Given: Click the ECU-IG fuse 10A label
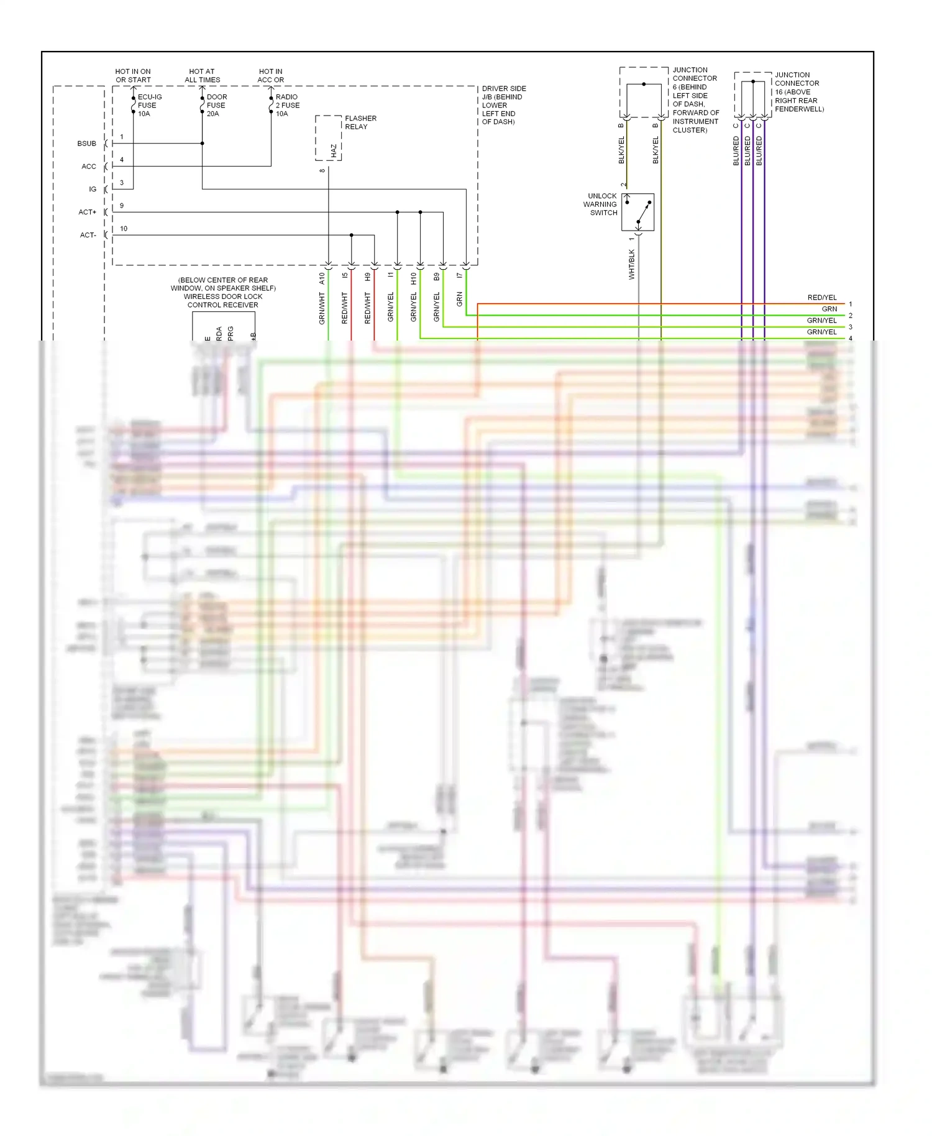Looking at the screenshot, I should point(149,105).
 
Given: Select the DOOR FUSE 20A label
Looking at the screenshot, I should point(216,105).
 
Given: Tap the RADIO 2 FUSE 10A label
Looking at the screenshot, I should point(287,105).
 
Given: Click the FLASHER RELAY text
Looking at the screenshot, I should point(360,122).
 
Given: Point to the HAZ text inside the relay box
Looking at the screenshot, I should point(334,150).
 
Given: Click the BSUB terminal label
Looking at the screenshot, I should point(86,144).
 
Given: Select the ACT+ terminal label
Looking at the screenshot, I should point(87,212).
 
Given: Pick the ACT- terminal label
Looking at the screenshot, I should point(88,235).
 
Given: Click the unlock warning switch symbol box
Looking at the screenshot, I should point(637,212).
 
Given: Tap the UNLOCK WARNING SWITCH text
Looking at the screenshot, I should point(601,204).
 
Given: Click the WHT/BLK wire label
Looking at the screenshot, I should point(631,264).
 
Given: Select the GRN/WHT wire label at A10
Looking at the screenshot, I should point(322,308).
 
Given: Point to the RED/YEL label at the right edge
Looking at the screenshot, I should point(821,298).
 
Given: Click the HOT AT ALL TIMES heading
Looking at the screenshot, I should point(202,76).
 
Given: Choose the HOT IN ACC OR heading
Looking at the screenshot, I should point(270,76).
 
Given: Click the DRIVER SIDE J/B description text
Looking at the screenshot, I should point(503,105).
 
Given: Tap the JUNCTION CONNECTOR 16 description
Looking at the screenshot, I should point(798,92).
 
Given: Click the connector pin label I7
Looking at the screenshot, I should point(459,275).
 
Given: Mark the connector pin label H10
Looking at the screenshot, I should point(413,279).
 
